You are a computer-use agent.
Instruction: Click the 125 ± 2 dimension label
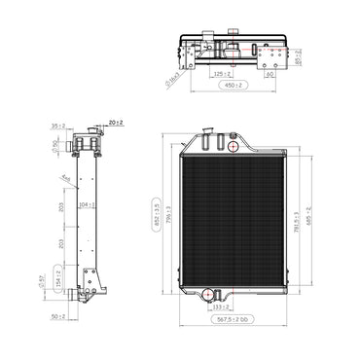pyautogui.click(x=223, y=72)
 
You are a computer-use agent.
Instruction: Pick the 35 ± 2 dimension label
pyautogui.click(x=57, y=125)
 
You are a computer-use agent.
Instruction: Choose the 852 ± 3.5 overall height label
pyautogui.click(x=153, y=213)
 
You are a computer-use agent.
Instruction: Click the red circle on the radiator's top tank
pyautogui.click(x=234, y=147)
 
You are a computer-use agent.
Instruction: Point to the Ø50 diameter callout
pyautogui.click(x=56, y=147)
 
